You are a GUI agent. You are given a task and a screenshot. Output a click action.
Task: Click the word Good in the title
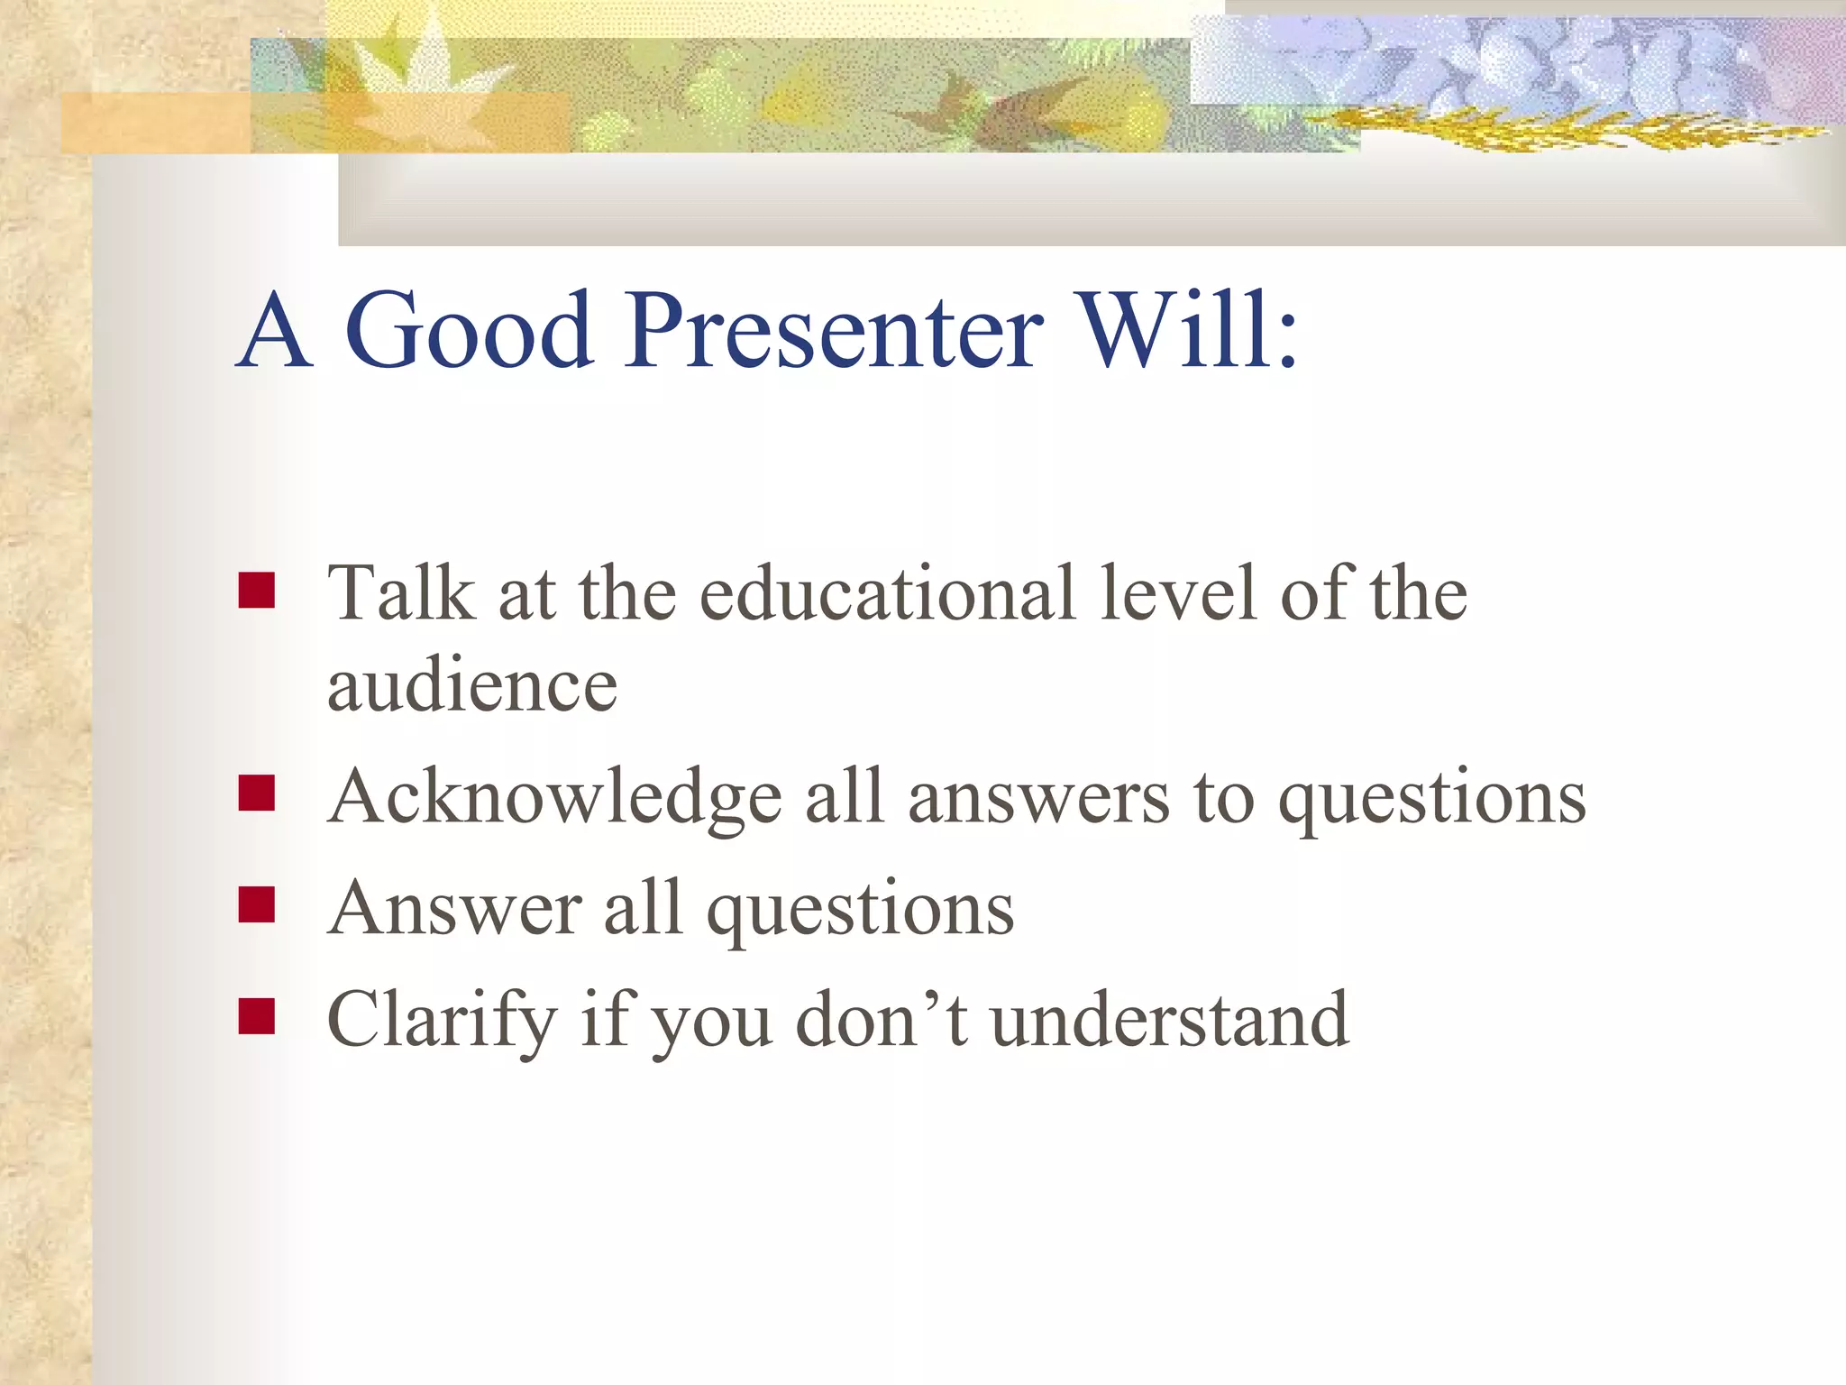point(469,331)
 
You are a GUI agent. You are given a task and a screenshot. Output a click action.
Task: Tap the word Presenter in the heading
point(834,331)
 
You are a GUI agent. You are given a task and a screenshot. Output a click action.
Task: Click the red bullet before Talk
point(256,592)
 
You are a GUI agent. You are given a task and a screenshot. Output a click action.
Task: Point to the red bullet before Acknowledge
point(256,794)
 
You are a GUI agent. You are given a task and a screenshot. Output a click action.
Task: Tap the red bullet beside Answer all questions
point(256,905)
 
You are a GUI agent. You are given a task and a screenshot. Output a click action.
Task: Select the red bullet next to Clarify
point(256,1016)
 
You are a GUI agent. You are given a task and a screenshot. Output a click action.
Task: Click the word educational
point(888,593)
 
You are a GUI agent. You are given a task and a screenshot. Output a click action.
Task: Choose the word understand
point(1169,1020)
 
